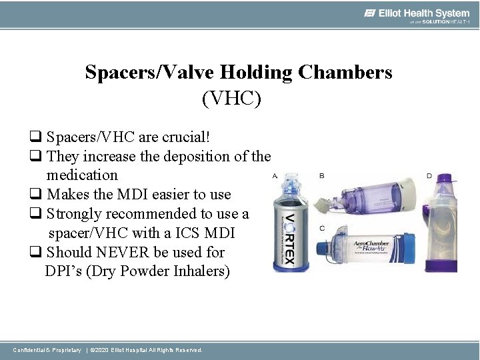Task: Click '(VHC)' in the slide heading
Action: (231, 99)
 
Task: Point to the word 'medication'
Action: (82, 175)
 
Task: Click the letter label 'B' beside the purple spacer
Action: (322, 176)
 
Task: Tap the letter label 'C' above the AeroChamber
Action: (322, 229)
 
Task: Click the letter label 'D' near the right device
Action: (429, 176)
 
